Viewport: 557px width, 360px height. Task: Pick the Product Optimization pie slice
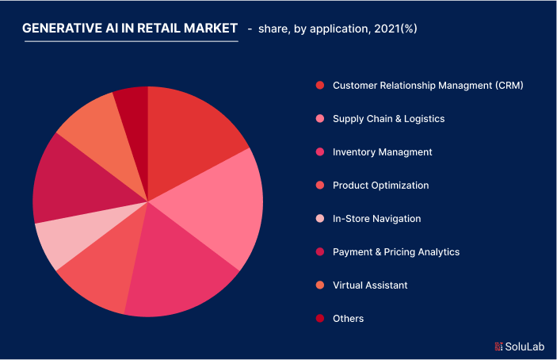tap(99, 270)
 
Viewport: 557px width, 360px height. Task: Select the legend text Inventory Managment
tap(382, 152)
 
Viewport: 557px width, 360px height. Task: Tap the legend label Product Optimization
tap(380, 186)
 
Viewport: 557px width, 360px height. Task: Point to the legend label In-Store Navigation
tap(376, 219)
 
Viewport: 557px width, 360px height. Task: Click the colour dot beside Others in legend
tap(319, 319)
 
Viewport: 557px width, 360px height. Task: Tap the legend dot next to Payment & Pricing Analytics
tap(319, 252)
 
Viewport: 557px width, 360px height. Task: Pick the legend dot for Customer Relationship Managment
tap(319, 86)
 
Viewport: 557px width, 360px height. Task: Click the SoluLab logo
tap(519, 346)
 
